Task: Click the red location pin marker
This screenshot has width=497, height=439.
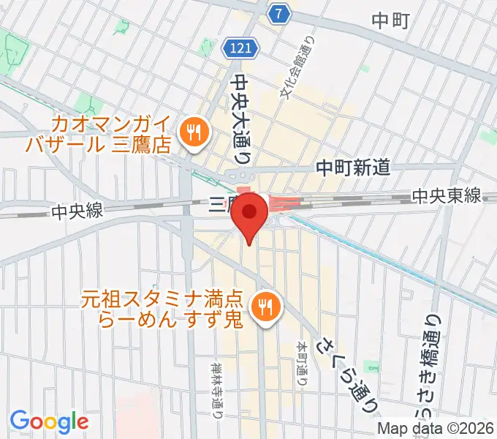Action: point(251,214)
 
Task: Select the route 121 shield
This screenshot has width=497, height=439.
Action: point(240,48)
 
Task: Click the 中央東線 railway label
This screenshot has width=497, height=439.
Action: point(445,195)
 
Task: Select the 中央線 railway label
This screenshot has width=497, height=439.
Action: point(78,211)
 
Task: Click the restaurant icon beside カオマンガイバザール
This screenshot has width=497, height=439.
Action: point(194,132)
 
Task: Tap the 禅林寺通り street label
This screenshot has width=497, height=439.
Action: point(218,388)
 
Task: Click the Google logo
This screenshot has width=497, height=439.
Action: point(49,421)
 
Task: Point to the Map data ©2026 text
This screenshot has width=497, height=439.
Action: point(436,429)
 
